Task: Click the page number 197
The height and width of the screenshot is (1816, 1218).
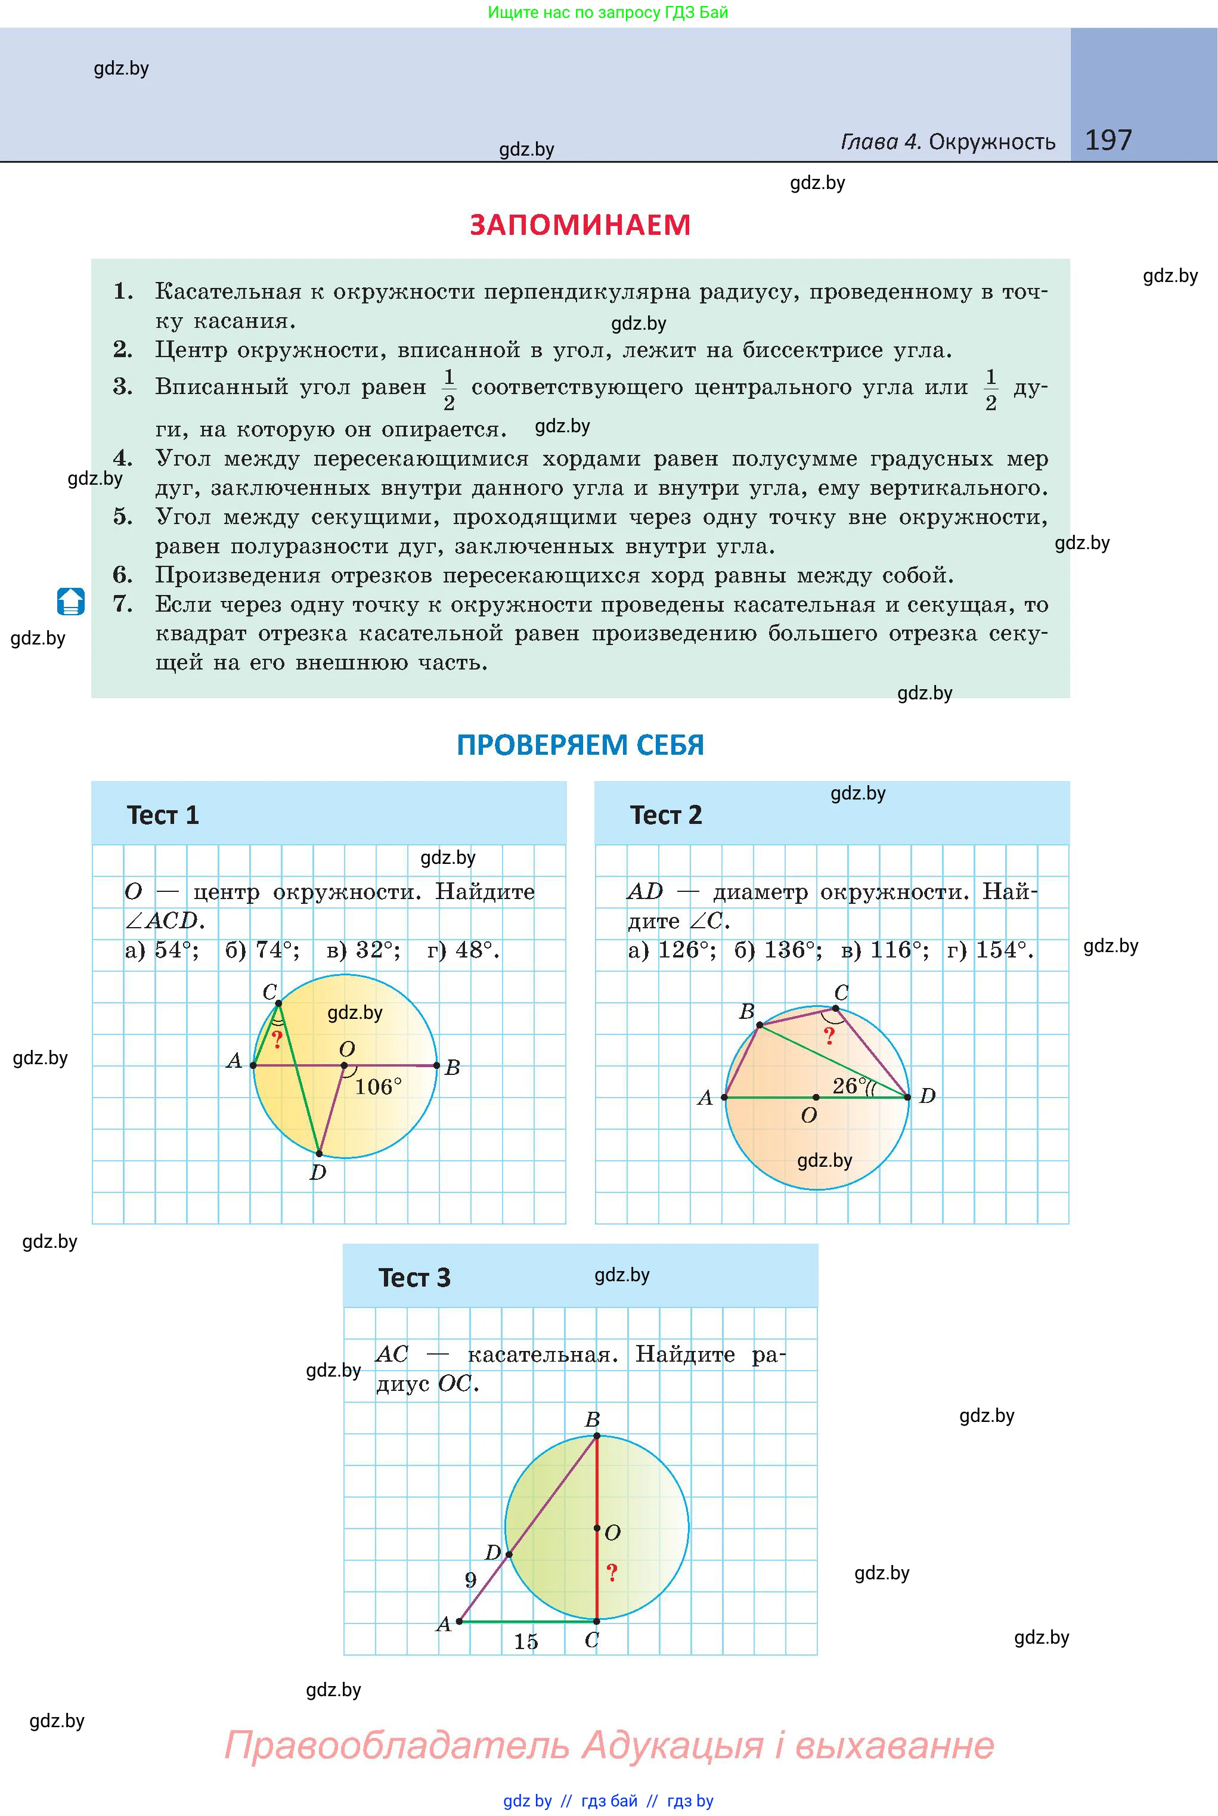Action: click(x=1108, y=140)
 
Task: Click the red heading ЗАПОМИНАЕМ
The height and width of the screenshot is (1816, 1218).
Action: click(x=580, y=225)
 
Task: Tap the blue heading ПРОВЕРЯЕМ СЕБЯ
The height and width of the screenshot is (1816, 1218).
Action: click(x=580, y=745)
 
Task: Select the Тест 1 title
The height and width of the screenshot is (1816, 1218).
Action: click(x=163, y=815)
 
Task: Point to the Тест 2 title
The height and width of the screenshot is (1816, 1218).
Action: click(x=666, y=815)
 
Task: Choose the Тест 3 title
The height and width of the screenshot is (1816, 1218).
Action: click(x=414, y=1278)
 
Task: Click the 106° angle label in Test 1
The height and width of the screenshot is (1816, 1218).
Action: click(x=379, y=1087)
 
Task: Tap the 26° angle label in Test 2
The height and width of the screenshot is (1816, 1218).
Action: click(x=849, y=1085)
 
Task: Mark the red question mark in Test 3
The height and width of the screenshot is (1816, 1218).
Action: click(x=612, y=1572)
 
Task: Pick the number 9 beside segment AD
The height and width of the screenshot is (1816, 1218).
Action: click(x=470, y=1580)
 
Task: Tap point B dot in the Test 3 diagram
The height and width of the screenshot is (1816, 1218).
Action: click(x=597, y=1436)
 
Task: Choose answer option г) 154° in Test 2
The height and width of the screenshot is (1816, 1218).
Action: click(x=990, y=950)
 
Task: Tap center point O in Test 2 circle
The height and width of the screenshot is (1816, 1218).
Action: click(x=816, y=1097)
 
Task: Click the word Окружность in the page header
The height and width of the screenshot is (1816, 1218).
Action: click(x=992, y=142)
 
